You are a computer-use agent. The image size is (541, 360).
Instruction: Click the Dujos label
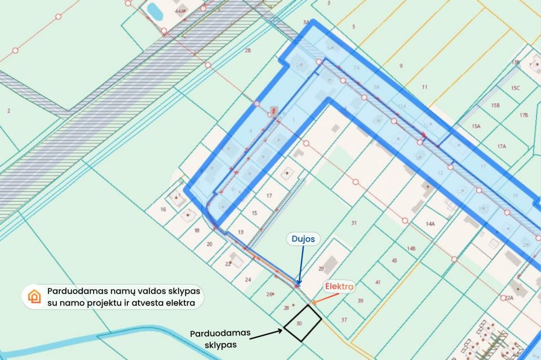(x=303, y=239)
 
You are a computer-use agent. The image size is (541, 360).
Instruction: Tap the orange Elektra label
(x=339, y=287)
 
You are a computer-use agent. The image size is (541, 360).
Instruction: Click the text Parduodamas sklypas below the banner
(x=220, y=337)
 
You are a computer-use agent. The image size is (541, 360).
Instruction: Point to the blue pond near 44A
(x=153, y=10)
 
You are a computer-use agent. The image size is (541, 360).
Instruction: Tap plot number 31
(x=354, y=223)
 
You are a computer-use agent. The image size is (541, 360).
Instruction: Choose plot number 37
(x=344, y=319)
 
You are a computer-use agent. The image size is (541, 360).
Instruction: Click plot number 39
(x=361, y=300)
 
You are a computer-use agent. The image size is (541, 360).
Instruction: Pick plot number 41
(x=378, y=282)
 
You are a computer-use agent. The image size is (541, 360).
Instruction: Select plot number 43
(x=394, y=260)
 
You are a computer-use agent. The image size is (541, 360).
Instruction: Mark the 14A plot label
(x=431, y=224)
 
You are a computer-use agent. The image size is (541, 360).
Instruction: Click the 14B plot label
(x=411, y=248)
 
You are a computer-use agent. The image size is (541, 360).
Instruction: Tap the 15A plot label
(x=476, y=126)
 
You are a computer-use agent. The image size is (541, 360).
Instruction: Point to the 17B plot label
(x=524, y=115)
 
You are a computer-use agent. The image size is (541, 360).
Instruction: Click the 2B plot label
(x=247, y=51)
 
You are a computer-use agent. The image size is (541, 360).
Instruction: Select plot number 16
(x=163, y=210)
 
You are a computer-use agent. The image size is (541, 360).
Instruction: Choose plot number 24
(x=248, y=279)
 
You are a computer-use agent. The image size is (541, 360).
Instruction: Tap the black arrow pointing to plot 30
(x=265, y=334)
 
